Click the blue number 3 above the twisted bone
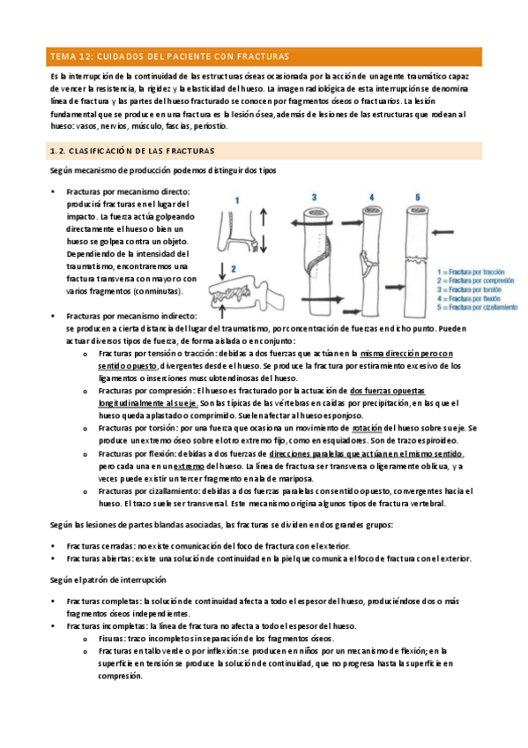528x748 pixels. pos(314,197)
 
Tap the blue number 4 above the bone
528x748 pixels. pos(372,197)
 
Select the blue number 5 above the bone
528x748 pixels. pos(418,197)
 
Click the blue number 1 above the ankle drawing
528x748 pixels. pos(237,200)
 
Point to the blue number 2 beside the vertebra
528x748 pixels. pos(234,269)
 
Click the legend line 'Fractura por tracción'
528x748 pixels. pos(471,272)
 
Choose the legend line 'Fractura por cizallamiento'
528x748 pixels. pos(477,307)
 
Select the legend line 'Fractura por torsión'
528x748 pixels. pos(469,289)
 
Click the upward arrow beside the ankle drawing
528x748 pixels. pos(264,218)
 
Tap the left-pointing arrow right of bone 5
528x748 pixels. pos(442,232)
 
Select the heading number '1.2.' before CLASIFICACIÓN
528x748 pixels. pos(57,151)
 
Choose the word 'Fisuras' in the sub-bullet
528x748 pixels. pos(112,639)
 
